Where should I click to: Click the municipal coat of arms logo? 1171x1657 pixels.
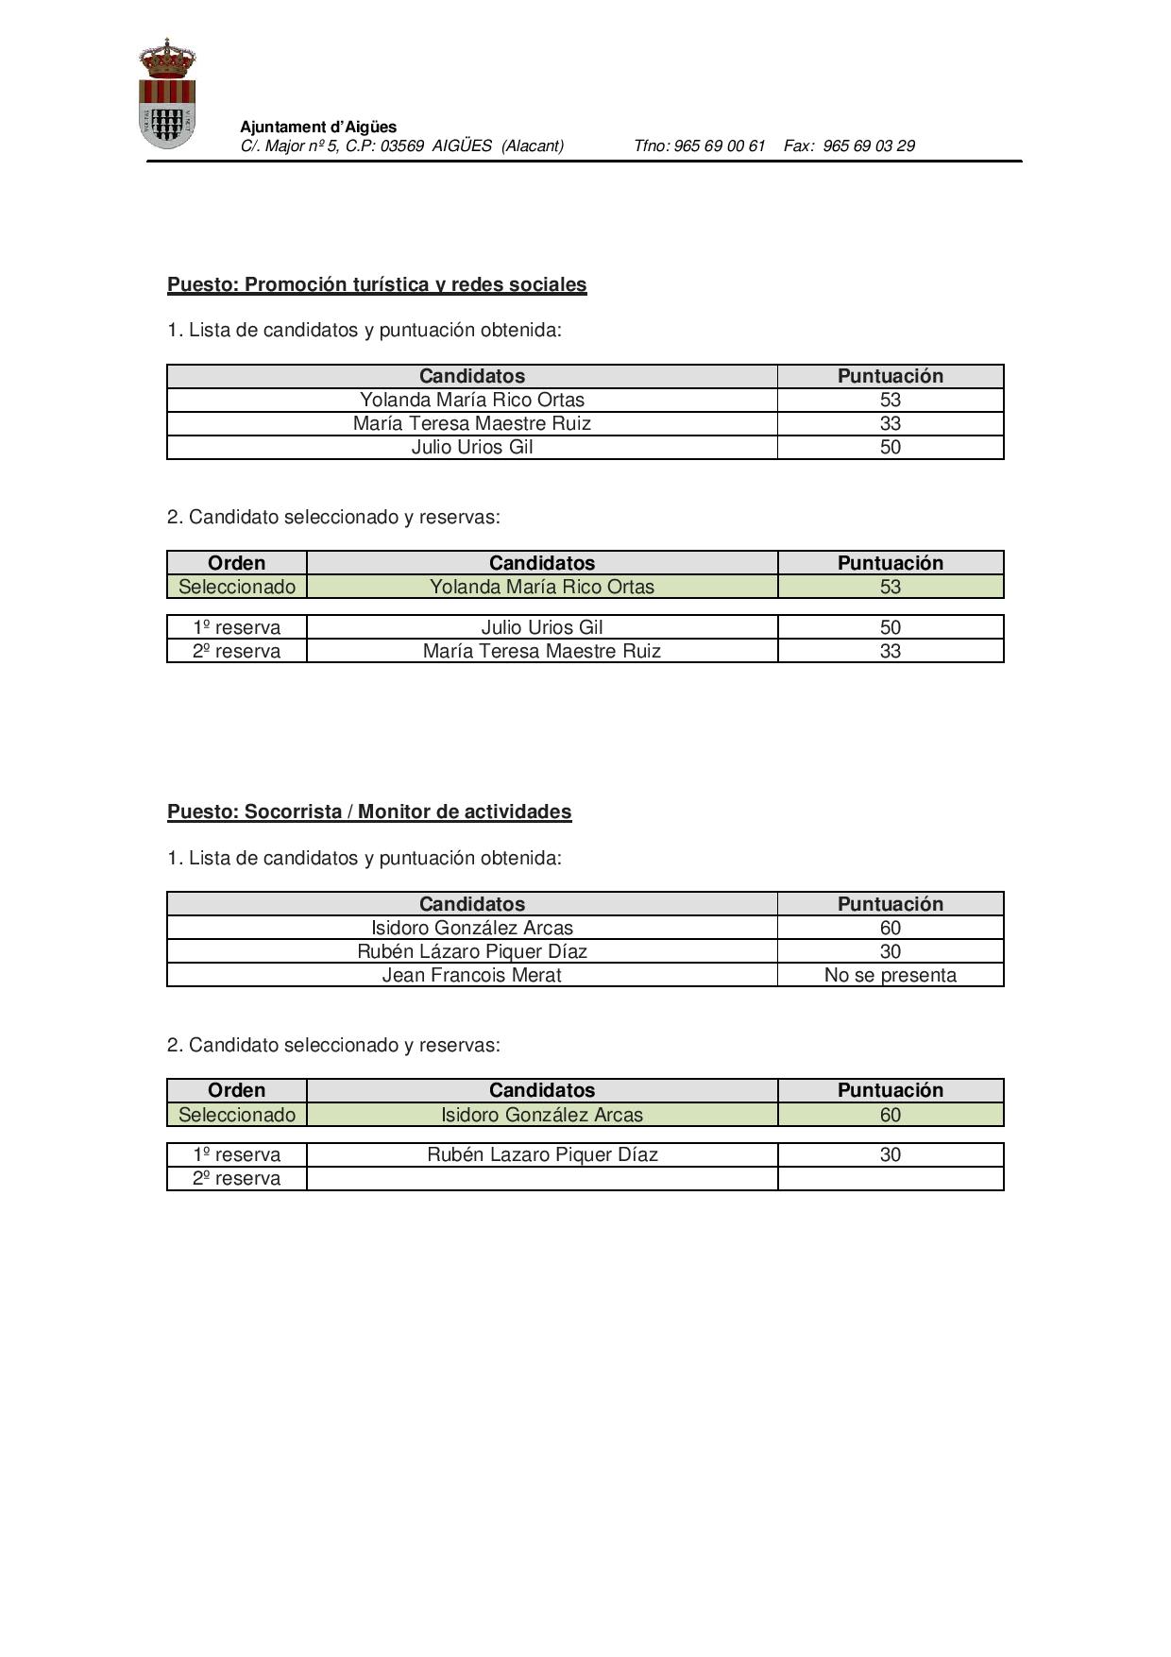(x=167, y=94)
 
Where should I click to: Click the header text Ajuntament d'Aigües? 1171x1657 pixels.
(x=318, y=127)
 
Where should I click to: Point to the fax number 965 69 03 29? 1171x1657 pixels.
(x=868, y=145)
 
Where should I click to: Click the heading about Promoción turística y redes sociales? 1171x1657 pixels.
(x=377, y=284)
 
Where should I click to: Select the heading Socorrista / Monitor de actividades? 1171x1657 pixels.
(x=369, y=811)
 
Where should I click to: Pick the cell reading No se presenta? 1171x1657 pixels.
(x=890, y=975)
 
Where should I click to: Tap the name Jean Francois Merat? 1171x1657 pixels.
(x=471, y=975)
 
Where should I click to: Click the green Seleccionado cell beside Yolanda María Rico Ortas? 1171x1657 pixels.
(x=237, y=587)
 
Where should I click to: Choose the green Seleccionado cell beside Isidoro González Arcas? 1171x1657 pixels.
(x=237, y=1115)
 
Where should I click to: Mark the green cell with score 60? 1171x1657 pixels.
(x=890, y=1115)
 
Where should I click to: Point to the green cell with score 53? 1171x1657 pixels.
(x=890, y=587)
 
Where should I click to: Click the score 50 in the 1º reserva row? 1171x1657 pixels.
(x=890, y=627)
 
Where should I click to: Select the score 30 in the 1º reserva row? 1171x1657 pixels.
(x=890, y=1154)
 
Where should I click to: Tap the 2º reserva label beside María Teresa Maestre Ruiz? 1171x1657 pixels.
(x=237, y=651)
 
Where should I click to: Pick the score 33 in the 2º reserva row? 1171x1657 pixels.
(x=890, y=651)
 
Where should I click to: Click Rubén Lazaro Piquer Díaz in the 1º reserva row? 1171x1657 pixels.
(x=542, y=1154)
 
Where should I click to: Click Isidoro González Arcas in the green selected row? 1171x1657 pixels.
(x=542, y=1115)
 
